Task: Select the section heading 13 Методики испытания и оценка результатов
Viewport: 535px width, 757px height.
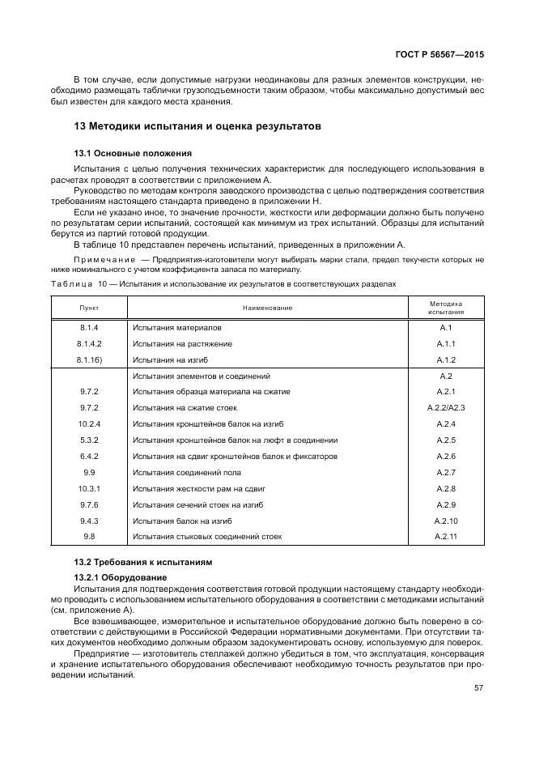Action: pyautogui.click(x=197, y=126)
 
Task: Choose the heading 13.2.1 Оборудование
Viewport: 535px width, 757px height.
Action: pyautogui.click(x=117, y=576)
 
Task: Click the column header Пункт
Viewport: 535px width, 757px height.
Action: pyautogui.click(x=88, y=307)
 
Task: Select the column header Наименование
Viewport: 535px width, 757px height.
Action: pyautogui.click(x=266, y=307)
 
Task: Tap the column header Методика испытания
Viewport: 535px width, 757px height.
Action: pyautogui.click(x=447, y=307)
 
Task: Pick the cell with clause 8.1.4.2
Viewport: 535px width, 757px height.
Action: pyautogui.click(x=88, y=343)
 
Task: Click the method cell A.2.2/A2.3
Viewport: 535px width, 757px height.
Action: pyautogui.click(x=447, y=408)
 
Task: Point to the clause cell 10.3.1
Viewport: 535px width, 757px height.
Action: pyautogui.click(x=88, y=489)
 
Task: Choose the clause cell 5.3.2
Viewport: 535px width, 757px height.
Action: pyautogui.click(x=88, y=440)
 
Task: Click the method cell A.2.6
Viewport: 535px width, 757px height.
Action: pyautogui.click(x=447, y=457)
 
